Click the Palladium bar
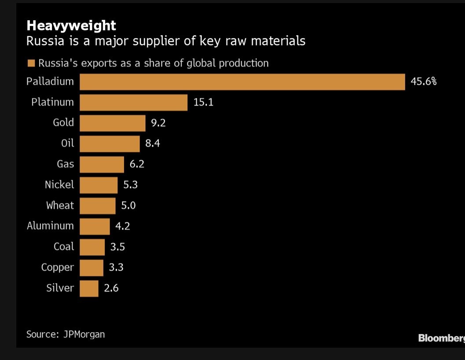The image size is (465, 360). pyautogui.click(x=242, y=82)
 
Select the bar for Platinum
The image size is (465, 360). pyautogui.click(x=133, y=103)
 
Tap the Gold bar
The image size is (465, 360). pyautogui.click(x=112, y=123)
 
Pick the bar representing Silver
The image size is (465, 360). pyautogui.click(x=89, y=288)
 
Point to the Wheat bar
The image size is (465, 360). pyautogui.click(x=97, y=206)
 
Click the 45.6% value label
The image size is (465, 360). pyautogui.click(x=423, y=82)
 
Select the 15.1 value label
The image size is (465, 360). pyautogui.click(x=203, y=103)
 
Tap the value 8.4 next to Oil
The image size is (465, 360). pyautogui.click(x=153, y=143)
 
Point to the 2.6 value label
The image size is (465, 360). pyautogui.click(x=111, y=288)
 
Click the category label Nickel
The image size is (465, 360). pyautogui.click(x=59, y=185)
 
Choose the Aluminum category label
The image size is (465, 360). pyautogui.click(x=50, y=226)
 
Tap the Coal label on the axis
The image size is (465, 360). pyautogui.click(x=64, y=247)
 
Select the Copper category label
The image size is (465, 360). pyautogui.click(x=58, y=268)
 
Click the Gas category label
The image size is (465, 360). pyautogui.click(x=65, y=164)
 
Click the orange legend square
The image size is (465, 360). pyautogui.click(x=31, y=63)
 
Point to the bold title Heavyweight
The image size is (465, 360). pyautogui.click(x=71, y=25)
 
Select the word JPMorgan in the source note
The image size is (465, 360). pyautogui.click(x=84, y=334)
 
